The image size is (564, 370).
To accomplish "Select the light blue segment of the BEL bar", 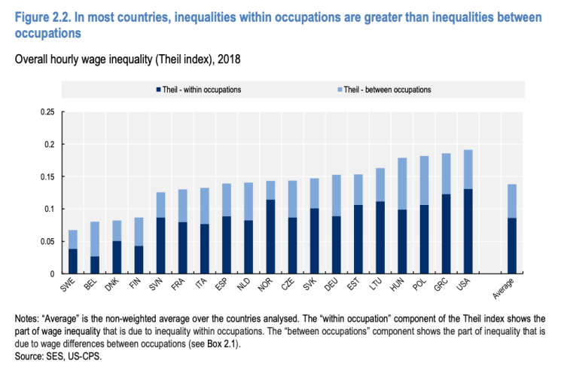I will tap(95, 239).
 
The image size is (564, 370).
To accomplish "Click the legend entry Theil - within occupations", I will tap(201, 90).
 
